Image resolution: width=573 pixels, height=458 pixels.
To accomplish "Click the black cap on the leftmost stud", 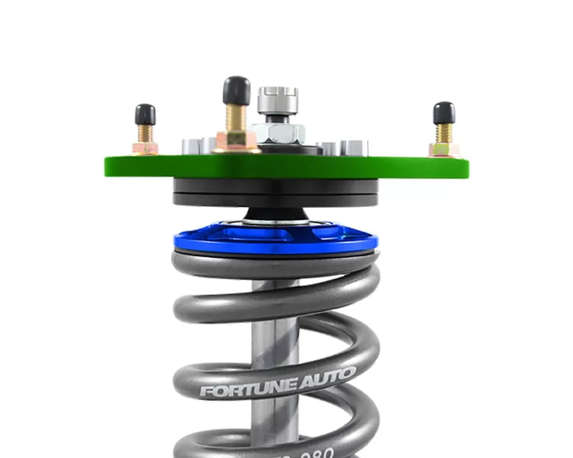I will point(145,114).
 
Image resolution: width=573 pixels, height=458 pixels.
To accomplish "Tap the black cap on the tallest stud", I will point(236,90).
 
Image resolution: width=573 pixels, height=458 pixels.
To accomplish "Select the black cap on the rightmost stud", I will point(444,113).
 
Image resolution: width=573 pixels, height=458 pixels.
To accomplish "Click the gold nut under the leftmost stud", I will point(145,148).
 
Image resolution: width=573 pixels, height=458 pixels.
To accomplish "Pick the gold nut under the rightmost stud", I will point(444,149).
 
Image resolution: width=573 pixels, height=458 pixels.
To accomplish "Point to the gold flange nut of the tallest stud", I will point(236,141).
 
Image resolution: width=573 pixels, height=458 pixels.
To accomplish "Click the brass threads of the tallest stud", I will point(236,117).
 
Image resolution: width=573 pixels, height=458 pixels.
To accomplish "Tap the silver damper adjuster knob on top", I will point(277,100).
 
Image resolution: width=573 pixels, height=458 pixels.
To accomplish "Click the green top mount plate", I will point(286,167).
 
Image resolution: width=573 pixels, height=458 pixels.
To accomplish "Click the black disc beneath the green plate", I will point(275,192).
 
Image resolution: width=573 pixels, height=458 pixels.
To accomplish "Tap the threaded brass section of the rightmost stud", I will point(444,133).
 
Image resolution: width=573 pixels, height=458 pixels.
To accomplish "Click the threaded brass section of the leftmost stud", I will point(145,133).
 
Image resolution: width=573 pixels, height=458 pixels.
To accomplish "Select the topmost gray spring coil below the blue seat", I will point(275,264).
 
